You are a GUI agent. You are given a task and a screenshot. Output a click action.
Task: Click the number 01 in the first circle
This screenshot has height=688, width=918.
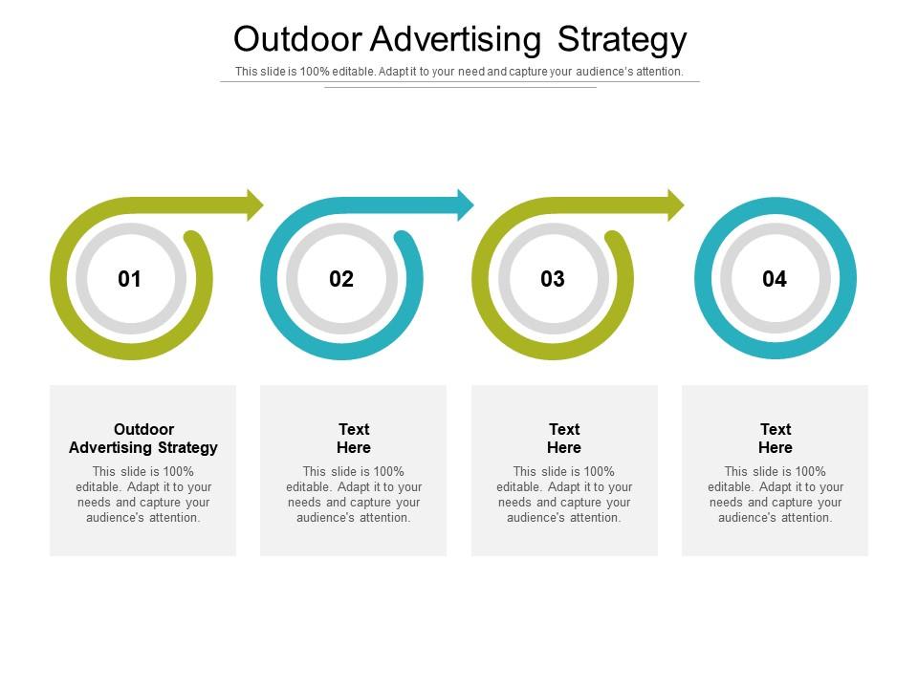(130, 279)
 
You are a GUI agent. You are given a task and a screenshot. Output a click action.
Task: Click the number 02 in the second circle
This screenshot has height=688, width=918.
(341, 279)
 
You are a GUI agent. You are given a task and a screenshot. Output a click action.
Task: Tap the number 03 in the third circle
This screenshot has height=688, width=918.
(553, 279)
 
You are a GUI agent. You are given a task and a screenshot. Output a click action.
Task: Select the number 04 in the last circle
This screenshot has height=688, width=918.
(775, 279)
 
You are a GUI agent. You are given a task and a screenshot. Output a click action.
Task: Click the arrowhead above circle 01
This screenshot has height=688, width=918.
(254, 204)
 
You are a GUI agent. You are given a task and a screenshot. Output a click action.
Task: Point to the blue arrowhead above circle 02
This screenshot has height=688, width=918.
(465, 204)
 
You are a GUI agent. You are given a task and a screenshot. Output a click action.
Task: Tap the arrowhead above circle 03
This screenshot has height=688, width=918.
(675, 204)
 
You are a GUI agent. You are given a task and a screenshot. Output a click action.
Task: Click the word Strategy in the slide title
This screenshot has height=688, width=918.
(622, 39)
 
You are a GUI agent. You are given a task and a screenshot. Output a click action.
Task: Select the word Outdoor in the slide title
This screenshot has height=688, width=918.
(295, 39)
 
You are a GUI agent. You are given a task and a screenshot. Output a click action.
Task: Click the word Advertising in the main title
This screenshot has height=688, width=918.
(455, 39)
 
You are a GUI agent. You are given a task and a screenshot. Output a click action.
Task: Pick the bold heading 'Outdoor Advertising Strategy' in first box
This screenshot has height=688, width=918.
(143, 439)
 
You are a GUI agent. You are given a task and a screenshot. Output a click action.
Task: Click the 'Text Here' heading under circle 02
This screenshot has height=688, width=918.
(354, 439)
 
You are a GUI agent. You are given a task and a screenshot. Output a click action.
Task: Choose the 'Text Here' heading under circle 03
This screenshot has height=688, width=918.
(564, 439)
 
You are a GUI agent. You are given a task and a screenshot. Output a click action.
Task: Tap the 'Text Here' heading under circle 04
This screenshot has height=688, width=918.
(776, 439)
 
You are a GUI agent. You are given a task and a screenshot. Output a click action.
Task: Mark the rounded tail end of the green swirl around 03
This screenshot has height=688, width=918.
(616, 240)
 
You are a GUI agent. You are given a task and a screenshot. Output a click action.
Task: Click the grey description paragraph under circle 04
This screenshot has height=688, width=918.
(776, 494)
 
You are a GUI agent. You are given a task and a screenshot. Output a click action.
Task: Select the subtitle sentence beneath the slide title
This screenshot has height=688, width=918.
(459, 72)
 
